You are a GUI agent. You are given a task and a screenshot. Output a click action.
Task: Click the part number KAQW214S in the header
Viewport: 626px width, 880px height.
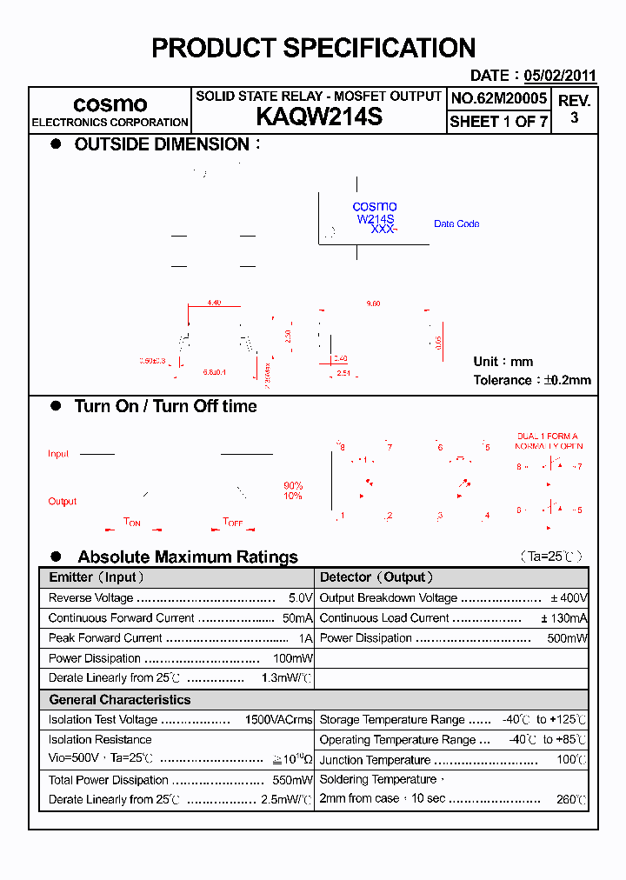click(x=319, y=117)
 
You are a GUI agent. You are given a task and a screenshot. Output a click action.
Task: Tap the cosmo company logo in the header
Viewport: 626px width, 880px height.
click(x=110, y=104)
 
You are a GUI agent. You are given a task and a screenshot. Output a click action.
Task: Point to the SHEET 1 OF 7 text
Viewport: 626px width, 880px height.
click(x=499, y=122)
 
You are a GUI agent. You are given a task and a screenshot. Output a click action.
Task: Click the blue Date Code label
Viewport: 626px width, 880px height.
click(x=456, y=224)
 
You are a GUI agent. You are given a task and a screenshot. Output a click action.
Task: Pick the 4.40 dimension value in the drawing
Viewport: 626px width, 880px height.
click(x=214, y=303)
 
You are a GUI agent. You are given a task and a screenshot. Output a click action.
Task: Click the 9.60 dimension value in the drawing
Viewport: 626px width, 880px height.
click(x=374, y=303)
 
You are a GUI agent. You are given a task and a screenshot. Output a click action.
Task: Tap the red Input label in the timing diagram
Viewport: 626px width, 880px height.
click(x=58, y=454)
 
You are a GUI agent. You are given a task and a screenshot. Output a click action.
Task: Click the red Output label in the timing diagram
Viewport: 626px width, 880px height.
click(x=63, y=502)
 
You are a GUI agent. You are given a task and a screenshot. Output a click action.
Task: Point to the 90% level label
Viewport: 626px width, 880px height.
click(x=293, y=486)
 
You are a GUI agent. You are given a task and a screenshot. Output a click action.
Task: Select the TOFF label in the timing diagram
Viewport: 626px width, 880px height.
click(x=233, y=523)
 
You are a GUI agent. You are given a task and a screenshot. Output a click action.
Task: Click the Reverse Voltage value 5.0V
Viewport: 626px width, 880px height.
click(x=300, y=598)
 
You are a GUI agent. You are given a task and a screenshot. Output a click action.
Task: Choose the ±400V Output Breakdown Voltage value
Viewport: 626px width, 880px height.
click(x=569, y=598)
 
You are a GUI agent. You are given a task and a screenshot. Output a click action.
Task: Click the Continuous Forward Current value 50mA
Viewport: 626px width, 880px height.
click(x=297, y=618)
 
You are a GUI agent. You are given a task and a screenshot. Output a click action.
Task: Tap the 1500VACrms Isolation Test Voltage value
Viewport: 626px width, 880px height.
click(x=278, y=720)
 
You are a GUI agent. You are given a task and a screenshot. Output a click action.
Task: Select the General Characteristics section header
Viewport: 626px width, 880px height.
click(x=120, y=700)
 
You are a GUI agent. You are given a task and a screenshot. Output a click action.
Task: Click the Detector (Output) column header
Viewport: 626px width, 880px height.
click(x=376, y=577)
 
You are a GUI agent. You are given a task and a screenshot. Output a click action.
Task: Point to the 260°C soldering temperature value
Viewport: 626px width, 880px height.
click(x=572, y=799)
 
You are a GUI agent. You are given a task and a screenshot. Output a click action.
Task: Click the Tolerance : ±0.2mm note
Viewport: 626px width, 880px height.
click(x=532, y=380)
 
